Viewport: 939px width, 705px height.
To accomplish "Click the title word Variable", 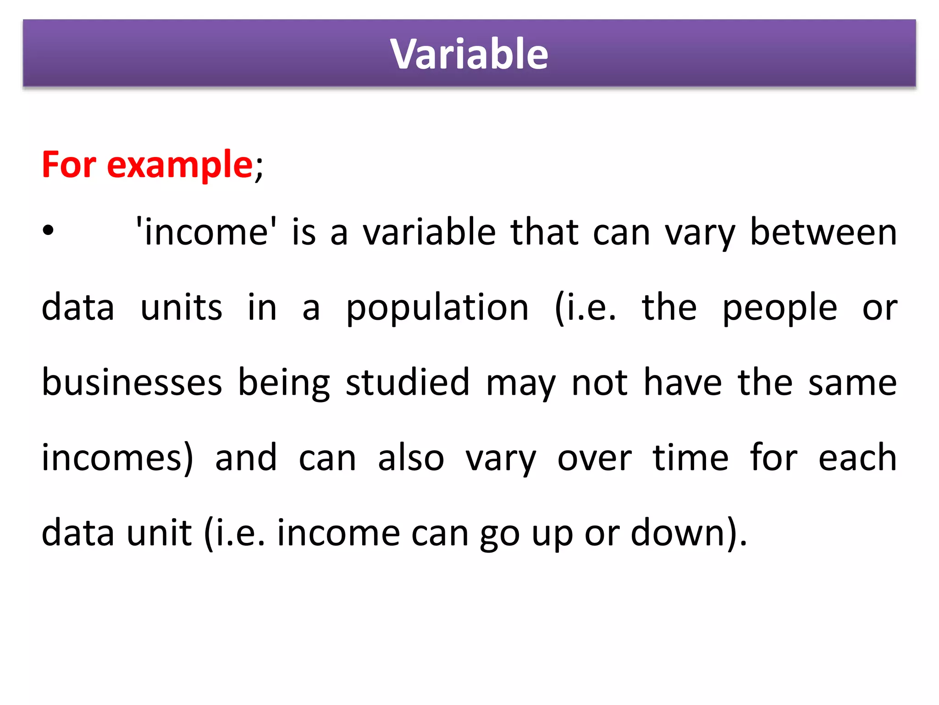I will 469,54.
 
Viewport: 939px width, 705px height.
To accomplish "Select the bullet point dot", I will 48,231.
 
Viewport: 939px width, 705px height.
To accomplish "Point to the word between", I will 823,232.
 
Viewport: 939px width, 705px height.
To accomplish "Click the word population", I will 437,308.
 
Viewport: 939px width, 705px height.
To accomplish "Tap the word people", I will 780,308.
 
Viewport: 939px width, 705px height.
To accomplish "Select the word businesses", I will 132,382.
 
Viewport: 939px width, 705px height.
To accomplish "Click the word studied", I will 408,382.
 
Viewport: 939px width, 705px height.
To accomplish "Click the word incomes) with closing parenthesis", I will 117,458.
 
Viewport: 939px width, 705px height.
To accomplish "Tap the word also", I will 411,458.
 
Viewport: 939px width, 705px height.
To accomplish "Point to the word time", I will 690,458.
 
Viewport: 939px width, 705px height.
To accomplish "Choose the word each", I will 857,458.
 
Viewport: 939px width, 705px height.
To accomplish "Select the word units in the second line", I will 181,308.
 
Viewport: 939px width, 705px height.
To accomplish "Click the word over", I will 595,458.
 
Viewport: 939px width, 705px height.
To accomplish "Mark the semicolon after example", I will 259,168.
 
